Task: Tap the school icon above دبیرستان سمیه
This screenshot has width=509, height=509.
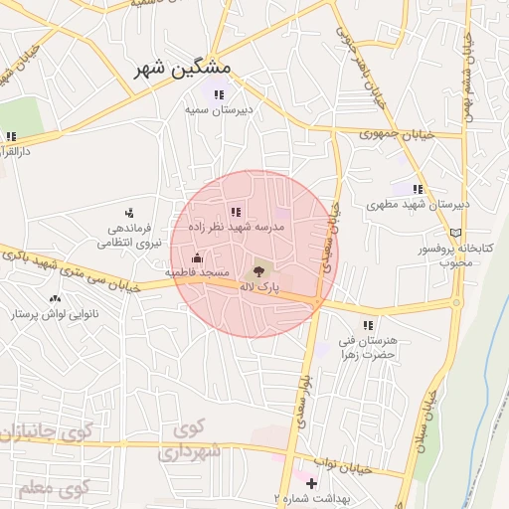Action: pyautogui.click(x=219, y=94)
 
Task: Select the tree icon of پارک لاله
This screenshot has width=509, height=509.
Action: pyautogui.click(x=259, y=268)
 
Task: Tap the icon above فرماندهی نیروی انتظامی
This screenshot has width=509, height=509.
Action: pyautogui.click(x=129, y=212)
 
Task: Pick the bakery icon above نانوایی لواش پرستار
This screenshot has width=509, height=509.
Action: pyautogui.click(x=54, y=297)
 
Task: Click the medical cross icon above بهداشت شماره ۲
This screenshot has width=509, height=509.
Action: pyautogui.click(x=311, y=483)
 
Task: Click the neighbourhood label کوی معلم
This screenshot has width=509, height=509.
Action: pyautogui.click(x=53, y=488)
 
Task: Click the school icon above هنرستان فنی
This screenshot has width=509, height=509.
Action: pyautogui.click(x=368, y=325)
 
